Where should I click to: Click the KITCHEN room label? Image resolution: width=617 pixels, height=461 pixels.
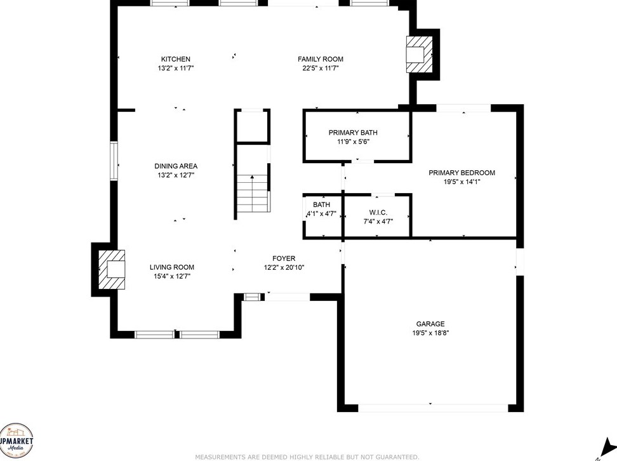pos(176,59)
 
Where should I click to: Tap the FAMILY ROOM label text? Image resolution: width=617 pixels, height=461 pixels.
pos(321,59)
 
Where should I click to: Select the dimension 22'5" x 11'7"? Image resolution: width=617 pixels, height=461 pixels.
pos(321,68)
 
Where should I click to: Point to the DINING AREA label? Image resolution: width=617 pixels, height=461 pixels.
pos(176,166)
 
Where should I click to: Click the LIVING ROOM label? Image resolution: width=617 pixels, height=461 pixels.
pos(172,267)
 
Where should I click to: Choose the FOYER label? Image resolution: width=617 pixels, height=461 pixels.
pos(284,258)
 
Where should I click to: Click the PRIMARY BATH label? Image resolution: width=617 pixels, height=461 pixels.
pos(353,133)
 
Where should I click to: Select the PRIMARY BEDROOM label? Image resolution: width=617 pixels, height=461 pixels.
pos(462,173)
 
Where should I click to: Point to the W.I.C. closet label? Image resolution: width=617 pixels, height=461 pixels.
pos(378,213)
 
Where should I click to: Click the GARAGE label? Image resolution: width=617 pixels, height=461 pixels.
pos(430,324)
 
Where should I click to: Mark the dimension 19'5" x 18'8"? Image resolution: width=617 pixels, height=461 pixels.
pos(430,333)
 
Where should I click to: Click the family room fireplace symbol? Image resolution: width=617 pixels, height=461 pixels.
pos(420,55)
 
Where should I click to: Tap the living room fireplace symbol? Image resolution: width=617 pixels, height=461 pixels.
pos(112,270)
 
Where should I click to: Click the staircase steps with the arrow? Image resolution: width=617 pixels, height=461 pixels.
pos(253,194)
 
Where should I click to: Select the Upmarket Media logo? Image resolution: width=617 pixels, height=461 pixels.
pos(16,440)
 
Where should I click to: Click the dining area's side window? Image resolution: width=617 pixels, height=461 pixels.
pos(114,161)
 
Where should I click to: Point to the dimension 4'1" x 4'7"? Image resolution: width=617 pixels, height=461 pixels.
pos(321,214)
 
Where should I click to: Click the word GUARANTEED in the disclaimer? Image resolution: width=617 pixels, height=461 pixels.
pos(397,457)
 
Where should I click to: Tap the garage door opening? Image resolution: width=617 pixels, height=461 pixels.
pos(433,408)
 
